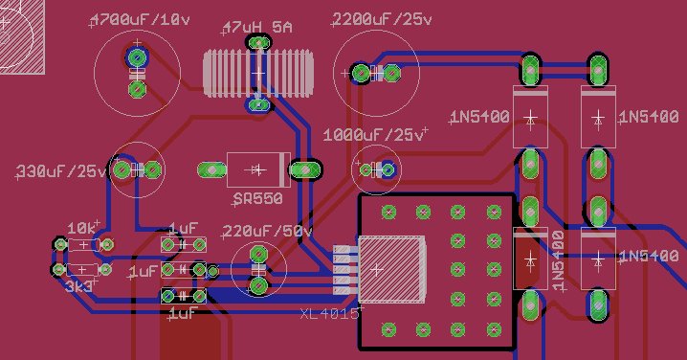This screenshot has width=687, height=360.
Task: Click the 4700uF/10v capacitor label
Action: (141, 20)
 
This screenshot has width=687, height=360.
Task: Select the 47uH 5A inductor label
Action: (257, 27)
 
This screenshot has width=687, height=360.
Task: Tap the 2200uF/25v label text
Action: (382, 19)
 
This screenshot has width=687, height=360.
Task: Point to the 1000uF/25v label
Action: (374, 135)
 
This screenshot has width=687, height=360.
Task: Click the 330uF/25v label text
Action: (61, 171)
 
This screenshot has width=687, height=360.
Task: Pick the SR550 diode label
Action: (257, 199)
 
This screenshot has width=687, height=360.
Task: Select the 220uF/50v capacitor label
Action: (267, 231)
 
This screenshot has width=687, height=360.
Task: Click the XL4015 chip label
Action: (330, 313)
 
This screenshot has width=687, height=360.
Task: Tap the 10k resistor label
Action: (82, 228)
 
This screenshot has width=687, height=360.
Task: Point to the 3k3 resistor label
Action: (78, 287)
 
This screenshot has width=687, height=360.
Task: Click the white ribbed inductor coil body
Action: (258, 73)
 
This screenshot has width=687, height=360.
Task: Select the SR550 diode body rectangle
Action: (258, 169)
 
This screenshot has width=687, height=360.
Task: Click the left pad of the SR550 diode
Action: (211, 169)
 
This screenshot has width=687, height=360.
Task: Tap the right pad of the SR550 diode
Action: (305, 169)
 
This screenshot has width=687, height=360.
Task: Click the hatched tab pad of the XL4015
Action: (392, 269)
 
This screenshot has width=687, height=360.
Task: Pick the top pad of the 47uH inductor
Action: (259, 42)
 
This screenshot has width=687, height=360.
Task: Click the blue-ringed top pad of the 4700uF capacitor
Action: (137, 57)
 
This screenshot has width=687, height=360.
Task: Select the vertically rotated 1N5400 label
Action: (558, 260)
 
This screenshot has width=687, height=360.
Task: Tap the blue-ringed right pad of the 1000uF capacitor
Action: (388, 169)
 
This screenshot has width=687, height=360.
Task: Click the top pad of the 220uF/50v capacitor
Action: (258, 254)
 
